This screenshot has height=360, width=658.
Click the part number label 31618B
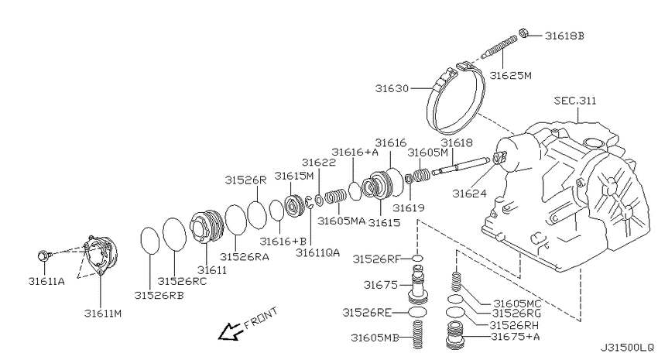[564, 36]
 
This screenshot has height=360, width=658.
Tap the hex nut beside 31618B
[523, 33]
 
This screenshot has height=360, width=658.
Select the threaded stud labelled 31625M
[499, 47]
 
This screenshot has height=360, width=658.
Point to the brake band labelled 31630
[455, 98]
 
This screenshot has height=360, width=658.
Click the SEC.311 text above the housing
[575, 101]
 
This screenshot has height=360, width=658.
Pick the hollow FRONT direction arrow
[230, 331]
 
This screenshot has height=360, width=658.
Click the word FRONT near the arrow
[261, 317]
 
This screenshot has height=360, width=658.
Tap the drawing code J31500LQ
[626, 348]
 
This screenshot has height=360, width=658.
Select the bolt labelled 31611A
[44, 255]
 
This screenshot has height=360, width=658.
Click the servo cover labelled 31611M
[101, 254]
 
